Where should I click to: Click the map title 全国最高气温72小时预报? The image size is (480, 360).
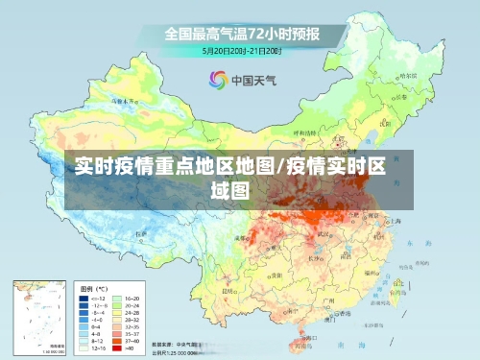click(241, 33)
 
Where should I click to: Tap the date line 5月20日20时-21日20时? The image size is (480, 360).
click(241, 50)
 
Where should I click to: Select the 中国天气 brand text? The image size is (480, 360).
click(252, 81)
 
